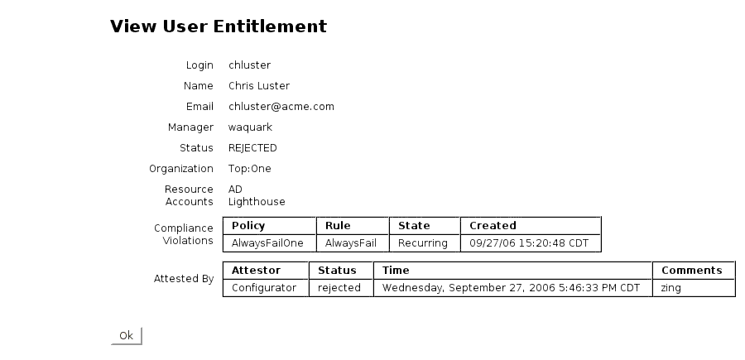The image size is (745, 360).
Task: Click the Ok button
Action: tap(127, 335)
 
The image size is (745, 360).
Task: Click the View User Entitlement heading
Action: tap(218, 26)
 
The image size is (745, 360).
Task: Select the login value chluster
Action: tap(249, 65)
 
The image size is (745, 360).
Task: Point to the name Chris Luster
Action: tap(259, 86)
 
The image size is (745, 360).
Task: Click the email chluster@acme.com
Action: tap(281, 107)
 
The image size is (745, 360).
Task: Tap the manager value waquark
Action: tap(250, 127)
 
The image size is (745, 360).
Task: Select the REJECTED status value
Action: tap(252, 148)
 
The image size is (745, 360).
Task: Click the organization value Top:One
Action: tap(249, 169)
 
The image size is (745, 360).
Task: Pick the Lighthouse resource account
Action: tap(257, 202)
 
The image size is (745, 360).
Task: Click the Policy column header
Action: tap(248, 226)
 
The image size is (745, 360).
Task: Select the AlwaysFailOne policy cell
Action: tap(267, 243)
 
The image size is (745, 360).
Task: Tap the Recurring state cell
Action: tap(423, 243)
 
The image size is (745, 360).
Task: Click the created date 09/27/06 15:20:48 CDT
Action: tap(529, 243)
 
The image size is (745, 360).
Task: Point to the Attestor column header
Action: tap(256, 271)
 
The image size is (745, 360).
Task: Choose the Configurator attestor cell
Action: tap(264, 288)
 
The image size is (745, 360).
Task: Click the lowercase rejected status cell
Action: tap(339, 288)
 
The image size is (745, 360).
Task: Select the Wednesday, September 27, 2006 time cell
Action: tap(511, 288)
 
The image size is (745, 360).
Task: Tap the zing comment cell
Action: tap(670, 288)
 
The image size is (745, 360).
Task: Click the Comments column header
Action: tap(691, 271)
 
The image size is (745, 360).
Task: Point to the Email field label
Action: tap(199, 107)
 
